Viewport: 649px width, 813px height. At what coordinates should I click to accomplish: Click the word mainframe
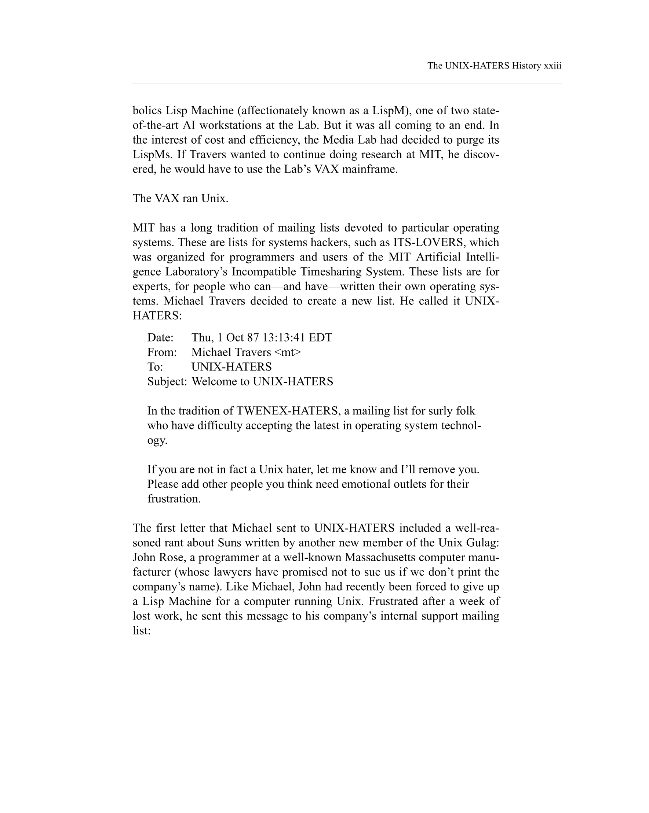click(x=369, y=169)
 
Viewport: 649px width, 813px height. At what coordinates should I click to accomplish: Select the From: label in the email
click(x=162, y=352)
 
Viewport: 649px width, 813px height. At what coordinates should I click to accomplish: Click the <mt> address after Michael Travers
click(x=288, y=352)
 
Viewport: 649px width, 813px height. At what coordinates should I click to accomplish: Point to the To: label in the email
click(x=155, y=367)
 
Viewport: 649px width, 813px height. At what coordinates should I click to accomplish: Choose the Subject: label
click(x=167, y=382)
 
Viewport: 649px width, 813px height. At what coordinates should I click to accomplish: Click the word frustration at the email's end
click(x=174, y=499)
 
